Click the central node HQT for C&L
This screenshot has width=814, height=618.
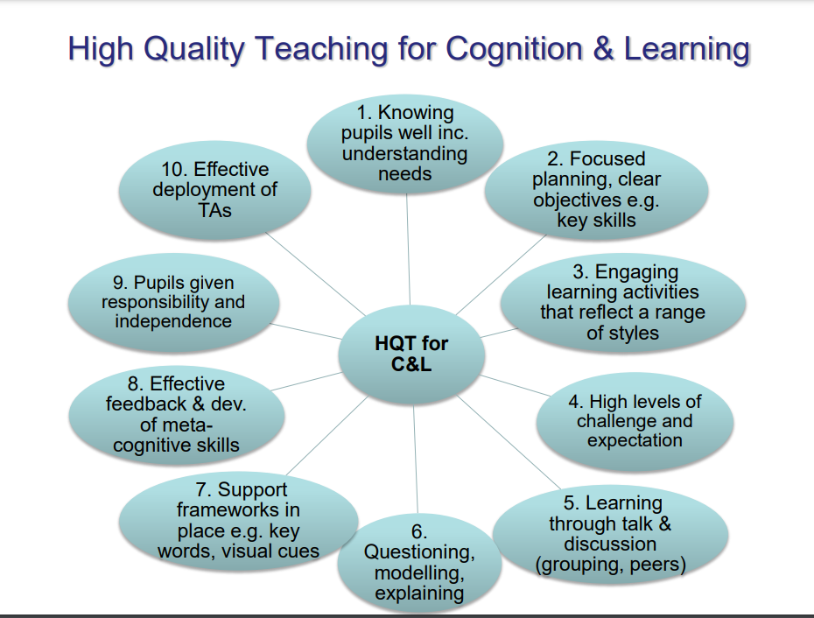tap(411, 355)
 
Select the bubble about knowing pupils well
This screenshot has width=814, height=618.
tap(405, 144)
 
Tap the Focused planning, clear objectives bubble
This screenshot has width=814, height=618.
tap(596, 190)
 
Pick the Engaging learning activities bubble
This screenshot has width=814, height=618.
tap(623, 303)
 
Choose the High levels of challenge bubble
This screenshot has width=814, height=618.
tap(635, 421)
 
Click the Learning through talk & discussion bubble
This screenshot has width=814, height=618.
tap(611, 534)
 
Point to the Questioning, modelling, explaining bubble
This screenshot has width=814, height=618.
tap(419, 563)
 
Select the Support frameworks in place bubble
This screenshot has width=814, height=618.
tap(238, 520)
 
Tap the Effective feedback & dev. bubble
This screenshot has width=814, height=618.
tap(177, 415)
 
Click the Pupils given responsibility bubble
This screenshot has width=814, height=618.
tap(173, 302)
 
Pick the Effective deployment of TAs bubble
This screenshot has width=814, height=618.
tap(215, 190)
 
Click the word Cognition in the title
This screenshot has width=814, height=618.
tap(514, 48)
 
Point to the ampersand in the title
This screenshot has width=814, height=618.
tap(603, 48)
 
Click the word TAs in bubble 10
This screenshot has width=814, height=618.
tap(215, 210)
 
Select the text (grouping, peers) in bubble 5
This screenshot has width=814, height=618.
tap(611, 565)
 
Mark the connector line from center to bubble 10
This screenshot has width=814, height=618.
tap(316, 274)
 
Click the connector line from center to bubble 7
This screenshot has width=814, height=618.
tap(327, 435)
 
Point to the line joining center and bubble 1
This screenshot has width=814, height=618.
tap(409, 249)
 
